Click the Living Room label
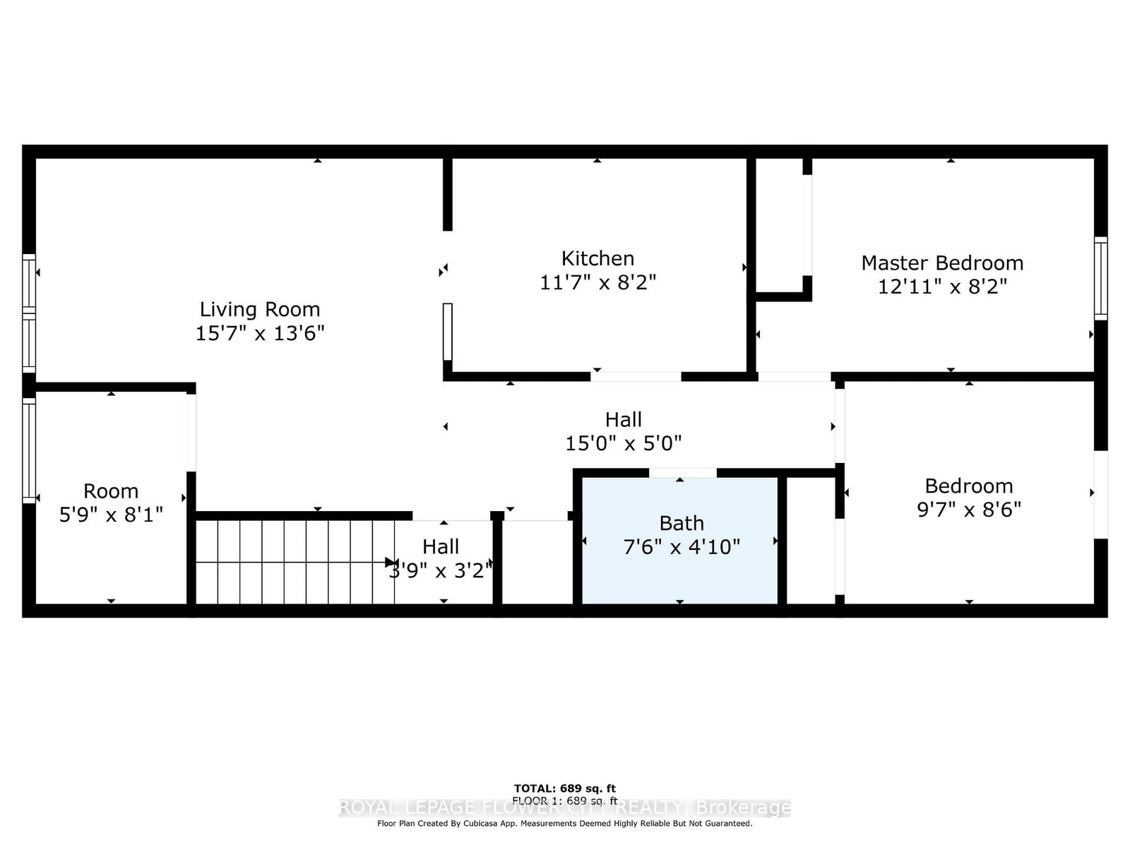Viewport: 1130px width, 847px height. (x=259, y=309)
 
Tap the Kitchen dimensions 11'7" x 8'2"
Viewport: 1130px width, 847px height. (x=597, y=282)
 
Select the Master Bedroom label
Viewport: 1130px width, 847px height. (x=941, y=263)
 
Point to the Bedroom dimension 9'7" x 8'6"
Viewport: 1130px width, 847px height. (x=968, y=510)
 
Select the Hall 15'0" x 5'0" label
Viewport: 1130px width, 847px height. (x=623, y=420)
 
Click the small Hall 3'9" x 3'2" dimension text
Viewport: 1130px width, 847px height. (x=441, y=570)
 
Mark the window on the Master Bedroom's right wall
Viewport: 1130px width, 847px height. (x=1100, y=279)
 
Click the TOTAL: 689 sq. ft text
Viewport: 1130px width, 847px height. (x=564, y=788)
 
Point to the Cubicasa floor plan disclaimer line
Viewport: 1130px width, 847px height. (x=564, y=824)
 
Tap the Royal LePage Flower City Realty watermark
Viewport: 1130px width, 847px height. (x=564, y=808)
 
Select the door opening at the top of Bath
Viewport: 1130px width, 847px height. (x=682, y=472)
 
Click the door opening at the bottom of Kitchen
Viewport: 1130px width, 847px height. (x=636, y=376)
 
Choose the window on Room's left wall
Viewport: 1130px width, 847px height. (x=29, y=450)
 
